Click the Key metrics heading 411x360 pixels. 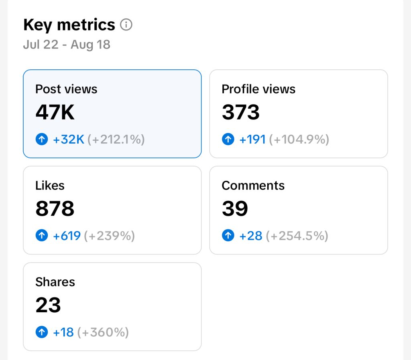pyautogui.click(x=69, y=25)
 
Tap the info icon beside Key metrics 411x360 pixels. pyautogui.click(x=126, y=25)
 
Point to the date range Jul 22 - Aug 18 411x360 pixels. pyautogui.click(x=67, y=44)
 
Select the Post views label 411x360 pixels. pyautogui.click(x=66, y=89)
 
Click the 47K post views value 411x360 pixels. pyautogui.click(x=55, y=112)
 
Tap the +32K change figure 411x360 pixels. pyautogui.click(x=69, y=140)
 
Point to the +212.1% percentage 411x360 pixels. pyautogui.click(x=116, y=140)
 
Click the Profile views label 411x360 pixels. pyautogui.click(x=258, y=89)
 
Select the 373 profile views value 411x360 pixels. pyautogui.click(x=241, y=112)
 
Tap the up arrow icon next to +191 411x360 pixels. pyautogui.click(x=228, y=140)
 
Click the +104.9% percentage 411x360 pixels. pyautogui.click(x=299, y=140)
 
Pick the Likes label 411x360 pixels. pyautogui.click(x=50, y=185)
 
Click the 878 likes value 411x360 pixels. pyautogui.click(x=55, y=208)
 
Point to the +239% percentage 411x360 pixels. pyautogui.click(x=109, y=236)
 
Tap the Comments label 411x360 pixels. pyautogui.click(x=253, y=185)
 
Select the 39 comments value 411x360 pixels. pyautogui.click(x=235, y=208)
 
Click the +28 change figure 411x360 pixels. pyautogui.click(x=251, y=236)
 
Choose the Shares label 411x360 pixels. pyautogui.click(x=55, y=282)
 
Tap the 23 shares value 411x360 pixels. pyautogui.click(x=48, y=305)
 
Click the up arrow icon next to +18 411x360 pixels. pyautogui.click(x=42, y=332)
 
